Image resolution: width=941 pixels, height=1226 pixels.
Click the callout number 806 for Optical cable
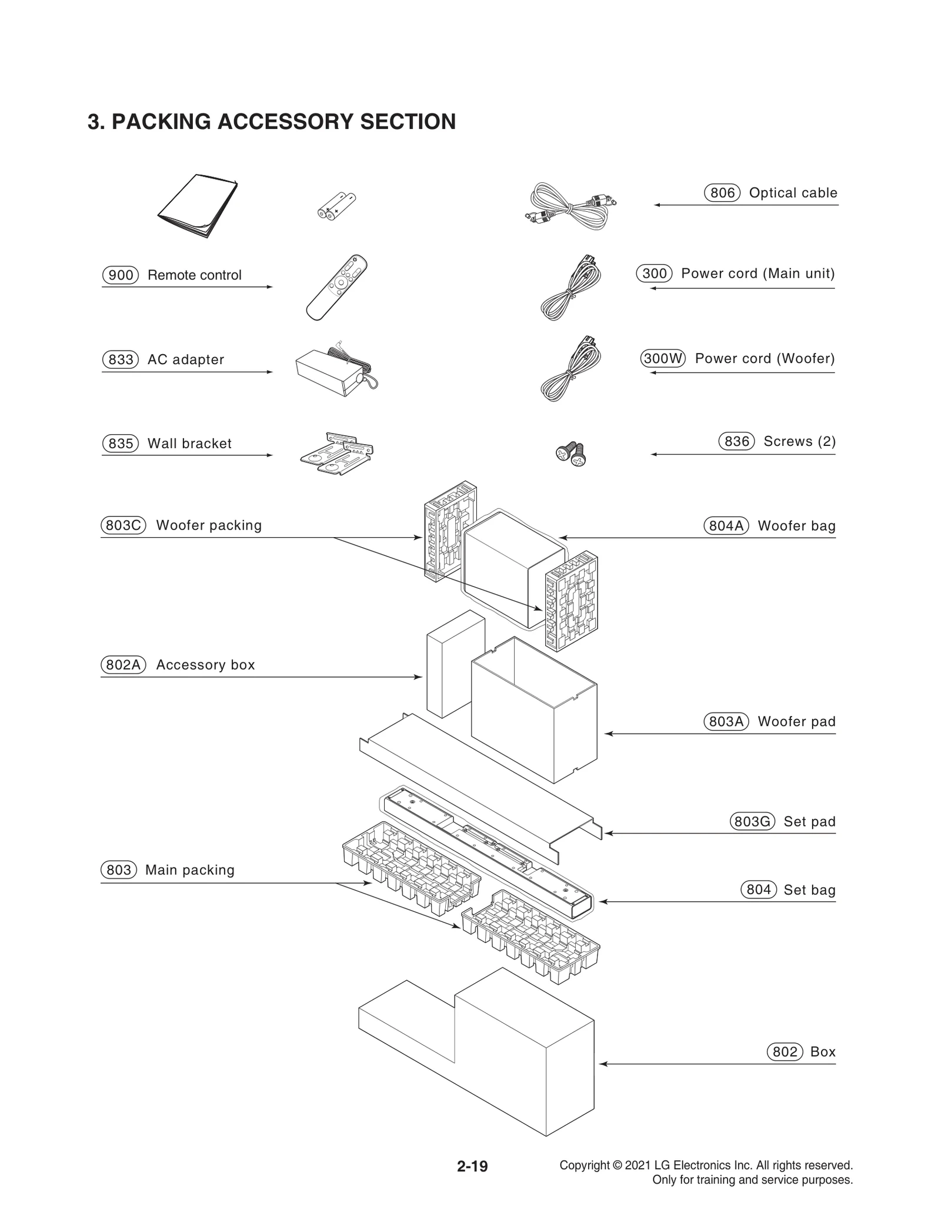tap(722, 193)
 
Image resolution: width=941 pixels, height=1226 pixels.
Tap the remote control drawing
tap(336, 287)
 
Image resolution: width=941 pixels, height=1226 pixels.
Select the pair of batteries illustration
tap(336, 206)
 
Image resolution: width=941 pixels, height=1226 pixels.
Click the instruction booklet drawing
tap(199, 206)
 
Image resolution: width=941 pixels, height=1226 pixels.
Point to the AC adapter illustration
tap(335, 371)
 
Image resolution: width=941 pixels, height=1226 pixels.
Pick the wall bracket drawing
tap(336, 454)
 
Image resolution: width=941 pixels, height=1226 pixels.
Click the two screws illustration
tap(571, 454)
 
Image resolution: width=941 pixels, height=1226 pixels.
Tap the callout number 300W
tap(663, 358)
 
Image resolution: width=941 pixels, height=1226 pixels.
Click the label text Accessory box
tap(205, 665)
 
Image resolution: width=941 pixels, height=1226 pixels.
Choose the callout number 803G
tap(752, 821)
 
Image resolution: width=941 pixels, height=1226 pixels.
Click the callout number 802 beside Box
tap(785, 1051)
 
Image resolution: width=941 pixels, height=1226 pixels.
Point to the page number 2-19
tap(472, 1165)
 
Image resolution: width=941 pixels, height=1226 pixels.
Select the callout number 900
tap(121, 275)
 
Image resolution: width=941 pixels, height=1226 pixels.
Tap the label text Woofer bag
tap(796, 526)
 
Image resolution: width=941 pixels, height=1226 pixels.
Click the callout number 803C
tap(123, 525)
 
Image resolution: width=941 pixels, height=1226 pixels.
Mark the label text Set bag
tap(809, 890)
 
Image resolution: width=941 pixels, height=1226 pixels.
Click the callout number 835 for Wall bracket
tap(121, 443)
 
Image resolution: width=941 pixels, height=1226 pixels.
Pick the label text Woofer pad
tap(796, 721)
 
